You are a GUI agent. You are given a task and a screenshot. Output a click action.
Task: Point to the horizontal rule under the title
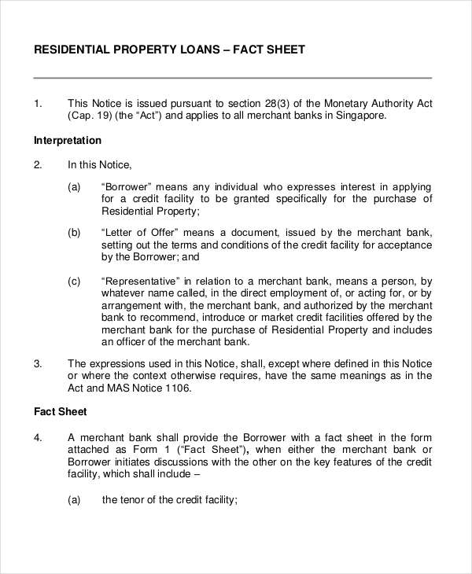click(x=233, y=78)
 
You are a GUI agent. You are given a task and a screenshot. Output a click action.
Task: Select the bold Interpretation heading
click(x=68, y=141)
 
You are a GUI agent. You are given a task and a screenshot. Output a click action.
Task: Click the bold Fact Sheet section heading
click(x=61, y=411)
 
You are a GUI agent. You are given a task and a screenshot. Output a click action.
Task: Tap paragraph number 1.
click(x=38, y=104)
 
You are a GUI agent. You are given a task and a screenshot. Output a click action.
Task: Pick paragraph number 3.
click(x=38, y=363)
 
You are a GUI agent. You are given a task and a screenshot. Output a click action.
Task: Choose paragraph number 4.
click(x=38, y=437)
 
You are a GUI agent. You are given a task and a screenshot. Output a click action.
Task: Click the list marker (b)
click(x=75, y=233)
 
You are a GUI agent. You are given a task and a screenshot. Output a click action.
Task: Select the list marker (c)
click(x=75, y=280)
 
